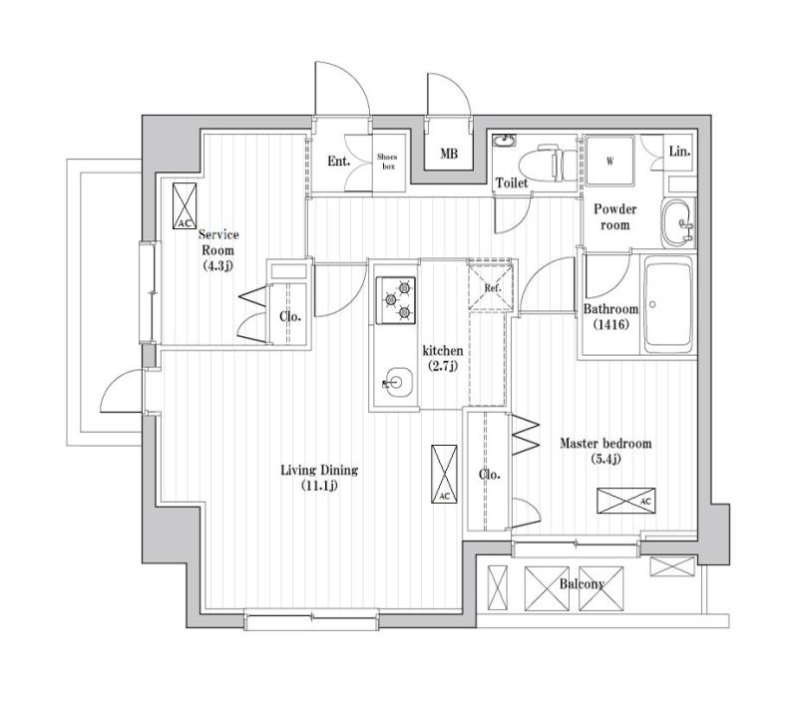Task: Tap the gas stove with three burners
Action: coord(395,300)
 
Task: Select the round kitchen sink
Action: coord(397,382)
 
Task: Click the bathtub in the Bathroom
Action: coord(668,305)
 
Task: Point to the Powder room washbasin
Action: coord(678,222)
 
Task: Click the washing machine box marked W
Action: coord(609,161)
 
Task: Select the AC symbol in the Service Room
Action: coord(185,206)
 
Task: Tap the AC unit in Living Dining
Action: coord(444,474)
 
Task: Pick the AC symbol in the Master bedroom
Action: coord(626,501)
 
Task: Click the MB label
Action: coord(449,154)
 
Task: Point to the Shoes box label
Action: coord(388,162)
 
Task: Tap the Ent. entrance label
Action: coord(338,162)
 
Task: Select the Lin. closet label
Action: coord(680,151)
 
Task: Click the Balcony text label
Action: coord(582,584)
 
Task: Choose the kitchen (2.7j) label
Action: coord(443,358)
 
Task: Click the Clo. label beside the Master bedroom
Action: coord(490,475)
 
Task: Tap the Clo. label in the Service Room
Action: coord(290,316)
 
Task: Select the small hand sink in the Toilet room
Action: coord(505,140)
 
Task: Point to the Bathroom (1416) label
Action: coord(610,316)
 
